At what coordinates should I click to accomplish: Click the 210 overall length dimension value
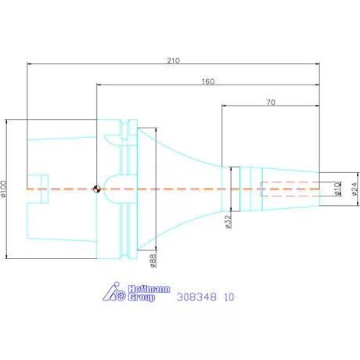[x=173, y=60]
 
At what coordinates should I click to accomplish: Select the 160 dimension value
[x=208, y=81]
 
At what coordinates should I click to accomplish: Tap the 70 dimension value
[x=271, y=103]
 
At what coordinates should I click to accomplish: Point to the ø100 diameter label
[x=3, y=189]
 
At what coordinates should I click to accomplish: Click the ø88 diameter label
[x=153, y=261]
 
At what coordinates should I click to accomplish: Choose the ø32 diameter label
[x=228, y=221]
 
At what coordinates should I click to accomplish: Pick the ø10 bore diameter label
[x=337, y=189]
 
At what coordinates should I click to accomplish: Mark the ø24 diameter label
[x=354, y=189]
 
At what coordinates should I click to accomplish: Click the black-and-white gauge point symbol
[x=97, y=189]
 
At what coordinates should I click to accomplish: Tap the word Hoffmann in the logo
[x=149, y=289]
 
